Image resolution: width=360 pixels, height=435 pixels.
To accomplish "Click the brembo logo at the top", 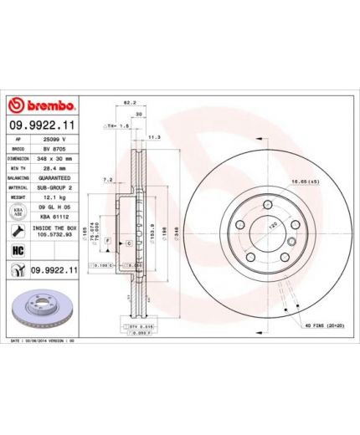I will pos(42,106).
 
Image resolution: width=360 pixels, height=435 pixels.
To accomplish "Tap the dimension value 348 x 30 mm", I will pos(55,157).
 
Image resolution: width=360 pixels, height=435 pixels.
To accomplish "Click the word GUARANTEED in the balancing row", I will pos(55,177).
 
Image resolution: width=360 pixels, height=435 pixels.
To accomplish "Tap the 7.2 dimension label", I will pos(107,178).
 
